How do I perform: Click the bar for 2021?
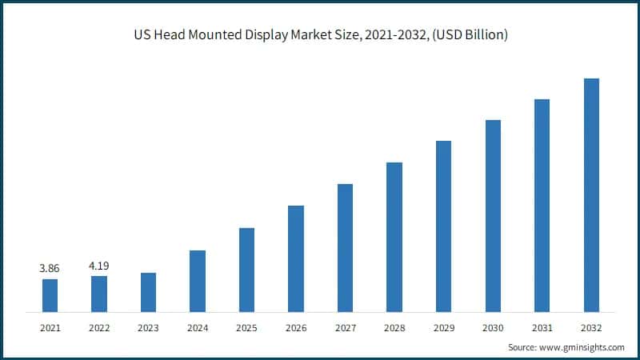pos(50,295)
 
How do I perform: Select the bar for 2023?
pos(148,292)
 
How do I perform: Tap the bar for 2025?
pos(246,270)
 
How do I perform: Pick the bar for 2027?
pos(345,248)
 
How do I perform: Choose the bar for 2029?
pos(443,226)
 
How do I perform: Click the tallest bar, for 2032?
pos(591,195)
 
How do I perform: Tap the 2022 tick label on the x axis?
pos(99,327)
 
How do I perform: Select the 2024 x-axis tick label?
pos(198,327)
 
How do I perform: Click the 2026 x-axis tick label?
pos(296,327)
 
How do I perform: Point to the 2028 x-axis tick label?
pos(394,327)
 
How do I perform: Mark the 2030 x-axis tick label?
pos(493,327)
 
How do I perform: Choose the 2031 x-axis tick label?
pos(542,327)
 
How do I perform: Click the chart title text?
pos(320,34)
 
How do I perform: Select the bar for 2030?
pos(493,216)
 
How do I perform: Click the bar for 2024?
pos(198,281)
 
